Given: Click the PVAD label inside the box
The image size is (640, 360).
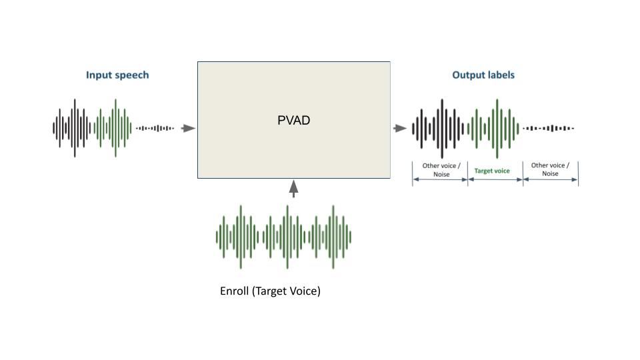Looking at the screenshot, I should tap(293, 121).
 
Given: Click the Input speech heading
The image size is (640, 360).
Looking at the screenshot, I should tap(117, 75).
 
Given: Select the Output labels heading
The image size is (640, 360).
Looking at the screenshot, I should tap(483, 75).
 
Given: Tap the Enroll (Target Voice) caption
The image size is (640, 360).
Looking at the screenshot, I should tap(270, 291).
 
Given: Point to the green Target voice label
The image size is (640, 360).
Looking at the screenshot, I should tap(492, 171).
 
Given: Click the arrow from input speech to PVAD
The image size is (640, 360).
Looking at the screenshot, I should tap(188, 128).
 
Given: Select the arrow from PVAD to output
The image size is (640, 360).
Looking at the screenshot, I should tap(400, 128).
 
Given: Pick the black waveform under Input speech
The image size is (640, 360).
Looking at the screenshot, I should tap(73, 128).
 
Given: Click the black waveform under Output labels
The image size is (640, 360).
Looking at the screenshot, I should tap(439, 128).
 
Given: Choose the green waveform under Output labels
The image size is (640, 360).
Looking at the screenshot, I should tap(495, 128).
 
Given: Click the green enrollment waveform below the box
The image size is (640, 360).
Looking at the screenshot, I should tap(284, 236).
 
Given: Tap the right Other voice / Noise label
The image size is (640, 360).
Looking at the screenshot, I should tap(549, 169).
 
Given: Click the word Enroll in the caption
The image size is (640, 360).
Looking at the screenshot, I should tap(234, 291).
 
